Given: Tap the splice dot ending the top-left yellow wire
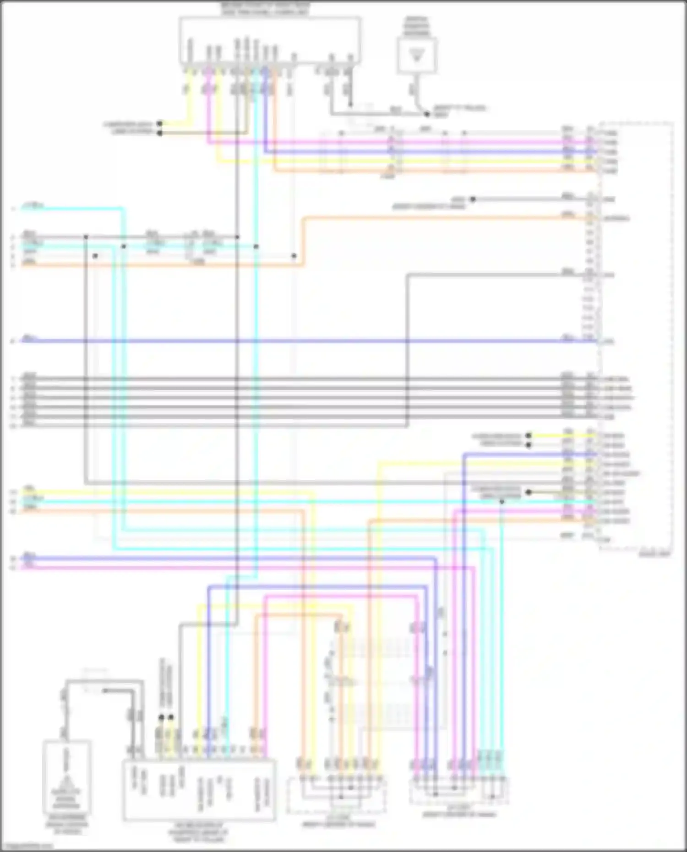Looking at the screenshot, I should (159, 124).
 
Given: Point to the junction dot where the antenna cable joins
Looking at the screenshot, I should (426, 114).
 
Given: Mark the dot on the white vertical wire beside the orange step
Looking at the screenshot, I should (294, 256).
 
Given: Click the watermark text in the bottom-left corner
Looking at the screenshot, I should (27, 846).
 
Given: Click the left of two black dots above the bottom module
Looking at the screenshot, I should (161, 717).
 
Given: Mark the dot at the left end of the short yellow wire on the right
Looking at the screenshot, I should (529, 435).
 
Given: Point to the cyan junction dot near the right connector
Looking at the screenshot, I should (502, 502).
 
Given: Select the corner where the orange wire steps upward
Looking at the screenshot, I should (302, 265).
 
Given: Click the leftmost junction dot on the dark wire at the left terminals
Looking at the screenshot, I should (86, 237).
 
